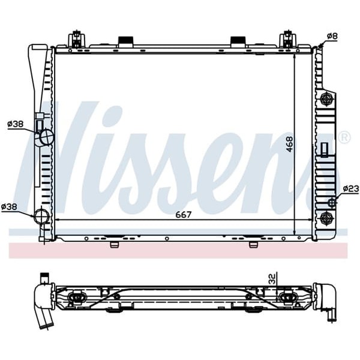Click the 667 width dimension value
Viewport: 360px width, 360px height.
point(183,215)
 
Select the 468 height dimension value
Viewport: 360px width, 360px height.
point(290,143)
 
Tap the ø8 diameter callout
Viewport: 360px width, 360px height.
point(332,36)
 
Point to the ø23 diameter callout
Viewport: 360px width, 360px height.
point(350,188)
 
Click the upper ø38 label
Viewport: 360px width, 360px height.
point(15,124)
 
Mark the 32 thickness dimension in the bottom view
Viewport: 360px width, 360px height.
point(272,278)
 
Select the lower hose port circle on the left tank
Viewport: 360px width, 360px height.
point(41,216)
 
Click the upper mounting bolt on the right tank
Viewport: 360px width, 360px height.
point(327,99)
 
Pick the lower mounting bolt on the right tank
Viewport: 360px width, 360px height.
point(327,217)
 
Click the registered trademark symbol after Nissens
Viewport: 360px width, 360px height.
point(344,137)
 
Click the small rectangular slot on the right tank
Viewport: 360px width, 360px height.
point(325,149)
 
